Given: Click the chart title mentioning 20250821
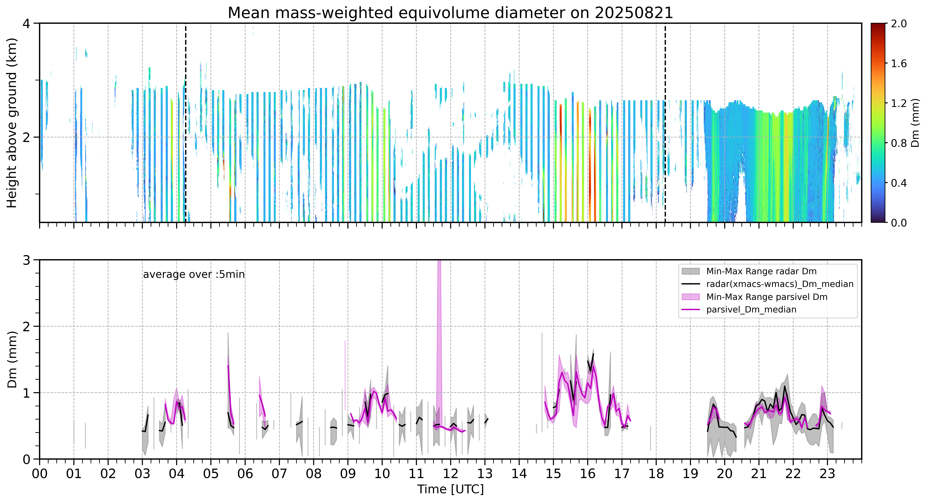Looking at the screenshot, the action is click(450, 13).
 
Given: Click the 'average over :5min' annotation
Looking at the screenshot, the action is click(194, 275).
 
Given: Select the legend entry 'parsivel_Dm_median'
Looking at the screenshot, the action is click(751, 309).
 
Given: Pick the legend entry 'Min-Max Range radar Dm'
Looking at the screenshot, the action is click(761, 271).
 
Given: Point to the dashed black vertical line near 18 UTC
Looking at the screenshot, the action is click(665, 123).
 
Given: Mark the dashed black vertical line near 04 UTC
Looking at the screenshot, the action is click(185, 123).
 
